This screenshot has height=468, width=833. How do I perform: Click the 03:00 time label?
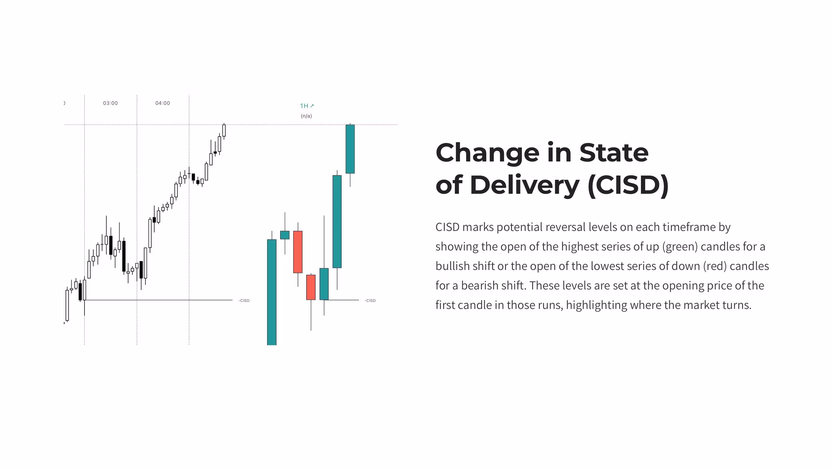click(110, 103)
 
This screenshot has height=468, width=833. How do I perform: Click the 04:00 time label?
click(162, 103)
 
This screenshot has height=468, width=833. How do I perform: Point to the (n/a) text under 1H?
click(306, 116)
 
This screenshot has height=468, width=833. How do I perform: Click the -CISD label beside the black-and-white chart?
click(244, 301)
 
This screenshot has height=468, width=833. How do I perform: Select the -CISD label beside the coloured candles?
click(370, 301)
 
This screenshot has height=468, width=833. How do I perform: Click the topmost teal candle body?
click(350, 149)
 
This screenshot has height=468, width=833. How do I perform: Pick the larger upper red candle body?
click(298, 252)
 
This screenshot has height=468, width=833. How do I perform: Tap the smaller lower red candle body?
click(311, 287)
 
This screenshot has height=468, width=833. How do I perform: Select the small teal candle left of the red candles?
click(284, 235)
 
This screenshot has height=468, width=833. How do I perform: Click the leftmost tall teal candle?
click(272, 292)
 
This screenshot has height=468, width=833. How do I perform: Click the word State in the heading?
click(614, 153)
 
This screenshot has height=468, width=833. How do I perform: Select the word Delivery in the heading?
click(524, 185)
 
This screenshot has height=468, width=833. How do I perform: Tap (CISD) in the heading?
click(628, 185)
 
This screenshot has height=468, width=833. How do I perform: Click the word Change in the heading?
click(487, 153)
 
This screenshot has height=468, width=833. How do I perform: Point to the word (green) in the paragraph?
click(680, 246)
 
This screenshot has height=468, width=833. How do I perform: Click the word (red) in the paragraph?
click(715, 266)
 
